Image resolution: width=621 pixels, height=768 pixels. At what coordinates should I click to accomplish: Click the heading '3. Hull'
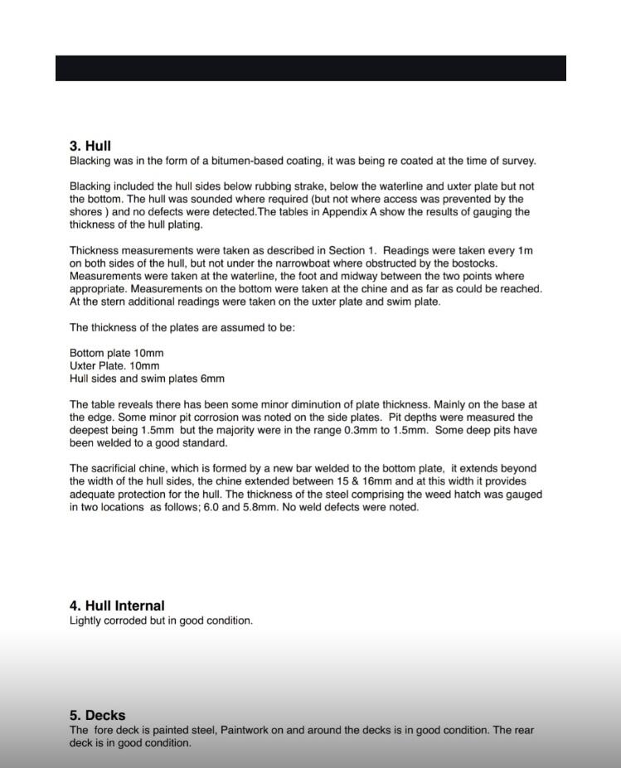[x=90, y=146]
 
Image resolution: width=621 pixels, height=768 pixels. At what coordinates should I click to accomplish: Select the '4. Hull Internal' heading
[x=117, y=606]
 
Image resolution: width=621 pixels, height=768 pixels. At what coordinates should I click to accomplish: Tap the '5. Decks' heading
[x=97, y=715]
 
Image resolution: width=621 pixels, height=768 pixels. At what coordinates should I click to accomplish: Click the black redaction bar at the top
[x=310, y=68]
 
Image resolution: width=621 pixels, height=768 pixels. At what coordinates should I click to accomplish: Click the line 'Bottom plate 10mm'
[x=116, y=353]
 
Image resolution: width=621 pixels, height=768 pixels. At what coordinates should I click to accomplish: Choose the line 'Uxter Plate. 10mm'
[x=114, y=365]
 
